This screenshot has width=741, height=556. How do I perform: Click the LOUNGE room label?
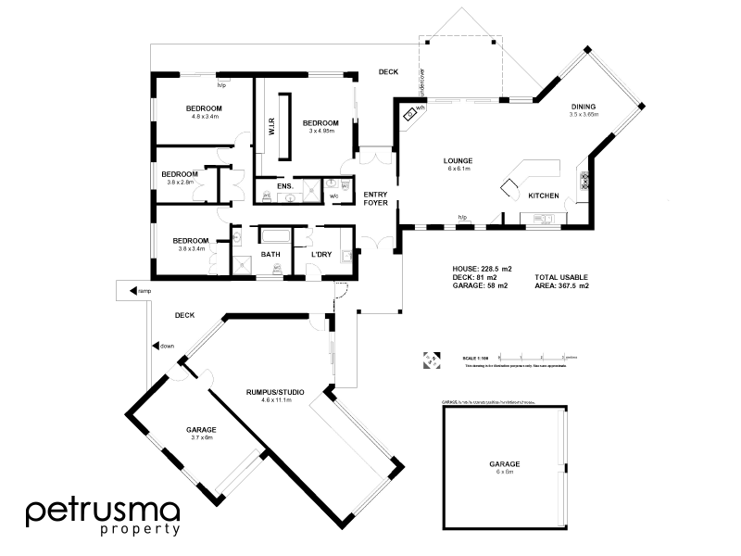click(x=458, y=160)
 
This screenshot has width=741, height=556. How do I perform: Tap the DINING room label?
click(x=584, y=107)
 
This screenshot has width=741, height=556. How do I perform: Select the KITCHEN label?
click(x=542, y=196)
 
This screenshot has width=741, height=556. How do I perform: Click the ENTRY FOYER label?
click(x=376, y=198)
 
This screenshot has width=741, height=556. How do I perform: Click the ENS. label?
click(x=285, y=186)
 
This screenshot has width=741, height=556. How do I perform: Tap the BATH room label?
click(x=270, y=254)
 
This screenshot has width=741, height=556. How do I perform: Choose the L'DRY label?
click(x=321, y=254)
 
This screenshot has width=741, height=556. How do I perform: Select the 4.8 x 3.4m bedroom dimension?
click(x=205, y=117)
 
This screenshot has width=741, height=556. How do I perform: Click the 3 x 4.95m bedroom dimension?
click(x=320, y=131)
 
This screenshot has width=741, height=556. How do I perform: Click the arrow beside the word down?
click(x=154, y=346)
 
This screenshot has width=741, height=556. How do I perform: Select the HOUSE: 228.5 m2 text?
click(x=482, y=268)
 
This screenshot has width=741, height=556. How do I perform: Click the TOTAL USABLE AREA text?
click(x=561, y=281)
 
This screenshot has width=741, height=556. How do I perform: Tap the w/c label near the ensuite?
click(x=334, y=196)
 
